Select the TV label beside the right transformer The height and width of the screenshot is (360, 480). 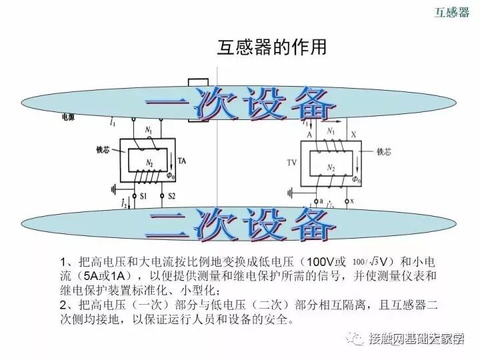[x=291, y=162]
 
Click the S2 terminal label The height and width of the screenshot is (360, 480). [x=171, y=196]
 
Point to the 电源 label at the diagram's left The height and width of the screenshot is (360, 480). [x=69, y=117]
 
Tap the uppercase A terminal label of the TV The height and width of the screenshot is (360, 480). [x=309, y=134]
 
